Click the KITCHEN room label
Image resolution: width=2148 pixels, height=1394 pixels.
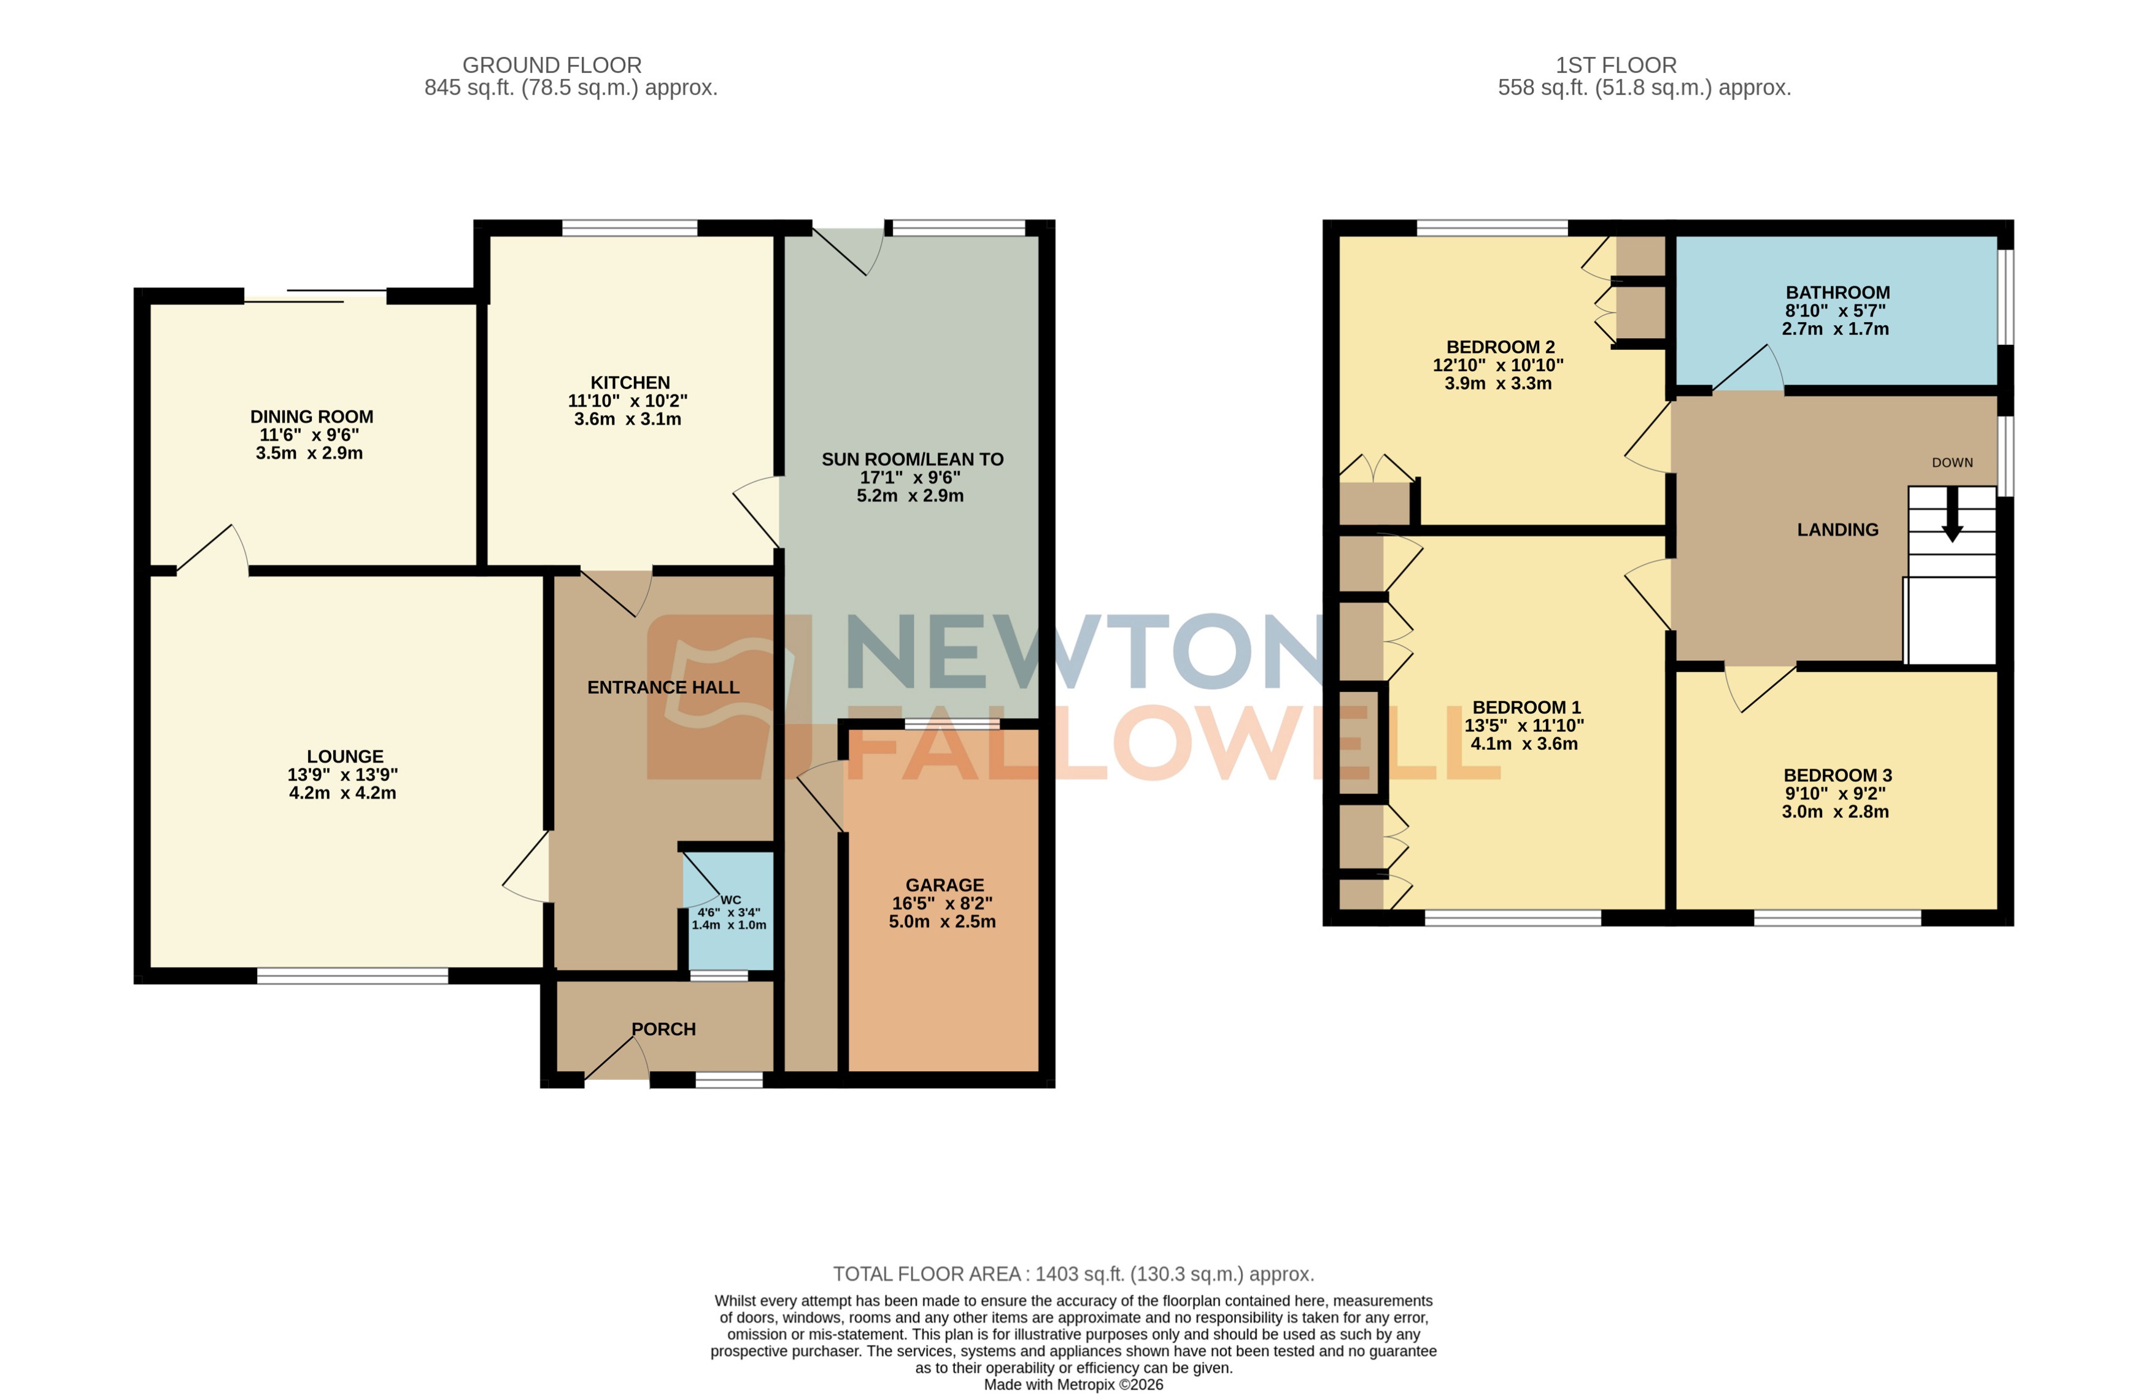click(630, 383)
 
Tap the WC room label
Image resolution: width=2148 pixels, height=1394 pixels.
click(730, 899)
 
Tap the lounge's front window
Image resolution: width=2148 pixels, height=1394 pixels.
click(352, 976)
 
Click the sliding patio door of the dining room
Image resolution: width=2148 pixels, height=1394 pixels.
click(316, 296)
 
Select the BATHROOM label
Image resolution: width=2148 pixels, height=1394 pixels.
click(1837, 292)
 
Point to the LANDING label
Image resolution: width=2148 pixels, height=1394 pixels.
click(1837, 529)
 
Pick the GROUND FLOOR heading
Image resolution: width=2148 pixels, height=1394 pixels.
click(552, 65)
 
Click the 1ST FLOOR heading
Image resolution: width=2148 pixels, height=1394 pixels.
click(1615, 65)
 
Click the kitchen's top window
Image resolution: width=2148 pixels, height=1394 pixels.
click(629, 228)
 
